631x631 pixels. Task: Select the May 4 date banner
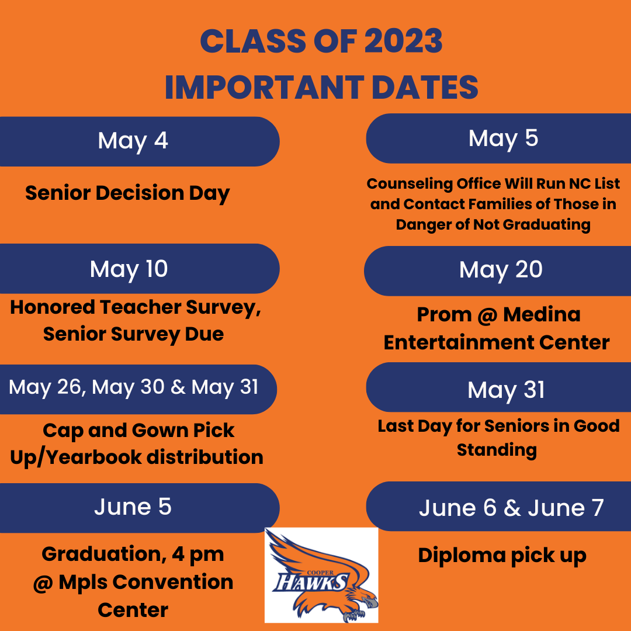click(140, 141)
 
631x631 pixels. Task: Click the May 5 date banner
click(498, 138)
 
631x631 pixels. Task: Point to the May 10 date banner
click(140, 269)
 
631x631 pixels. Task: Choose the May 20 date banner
click(497, 271)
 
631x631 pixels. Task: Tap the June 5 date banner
click(140, 508)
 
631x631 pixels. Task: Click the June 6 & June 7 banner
click(498, 506)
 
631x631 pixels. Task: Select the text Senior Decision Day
click(127, 193)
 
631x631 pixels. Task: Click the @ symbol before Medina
click(487, 315)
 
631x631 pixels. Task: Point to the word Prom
click(444, 314)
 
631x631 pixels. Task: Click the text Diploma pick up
click(502, 556)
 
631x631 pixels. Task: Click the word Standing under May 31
click(497, 450)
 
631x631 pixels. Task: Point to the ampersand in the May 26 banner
click(178, 387)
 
